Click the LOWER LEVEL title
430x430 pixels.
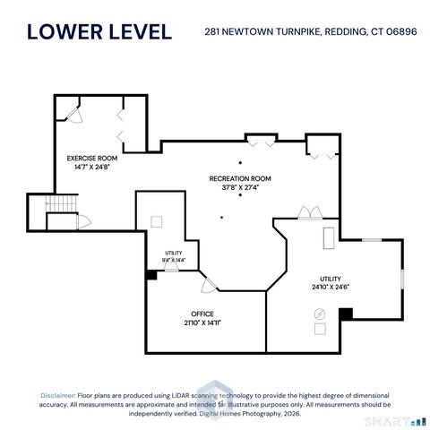click(x=99, y=32)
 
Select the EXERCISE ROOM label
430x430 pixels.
click(x=92, y=158)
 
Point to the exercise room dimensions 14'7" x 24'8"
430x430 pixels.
click(x=92, y=167)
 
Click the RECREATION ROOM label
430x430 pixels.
click(x=240, y=179)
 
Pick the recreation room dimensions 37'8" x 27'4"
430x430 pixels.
click(x=240, y=188)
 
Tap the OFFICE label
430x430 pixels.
click(x=202, y=314)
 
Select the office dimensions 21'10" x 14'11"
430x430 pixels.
click(x=202, y=322)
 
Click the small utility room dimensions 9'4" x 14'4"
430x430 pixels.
click(x=174, y=259)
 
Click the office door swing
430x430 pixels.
click(x=209, y=285)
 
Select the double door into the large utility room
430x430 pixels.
click(x=309, y=212)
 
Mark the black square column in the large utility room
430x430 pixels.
click(x=345, y=314)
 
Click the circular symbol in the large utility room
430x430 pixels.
click(x=320, y=313)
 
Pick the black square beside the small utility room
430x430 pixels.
click(x=150, y=274)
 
